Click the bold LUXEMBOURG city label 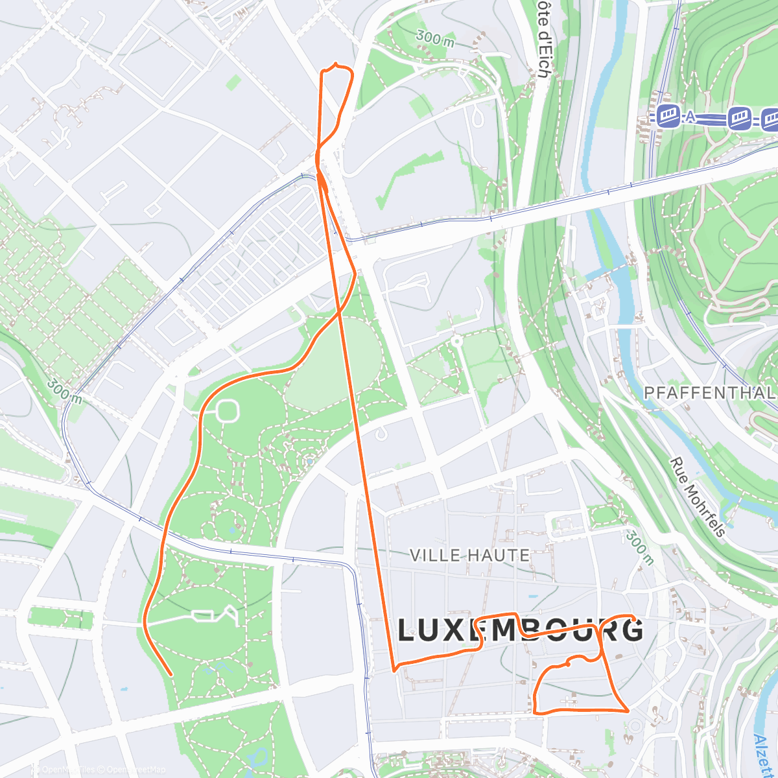pyautogui.click(x=521, y=630)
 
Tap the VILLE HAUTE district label pyautogui.click(x=470, y=555)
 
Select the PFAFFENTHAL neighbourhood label pyautogui.click(x=710, y=393)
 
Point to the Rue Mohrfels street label pyautogui.click(x=698, y=497)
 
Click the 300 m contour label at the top pyautogui.click(x=435, y=38)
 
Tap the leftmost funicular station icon pyautogui.click(x=668, y=117)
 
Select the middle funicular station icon pyautogui.click(x=740, y=118)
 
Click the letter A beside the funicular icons pyautogui.click(x=690, y=117)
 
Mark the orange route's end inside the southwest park pyautogui.click(x=170, y=674)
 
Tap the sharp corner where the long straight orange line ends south pyautogui.click(x=394, y=670)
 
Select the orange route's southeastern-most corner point pyautogui.click(x=628, y=711)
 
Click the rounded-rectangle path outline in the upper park pyautogui.click(x=228, y=410)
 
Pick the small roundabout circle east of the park pyautogui.click(x=456, y=340)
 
